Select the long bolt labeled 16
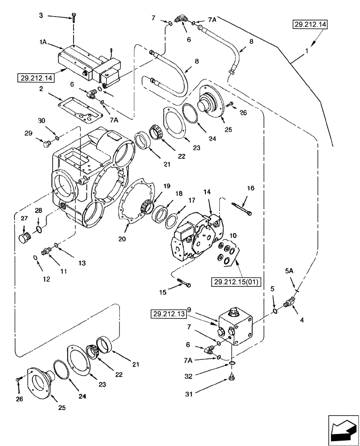(242, 207)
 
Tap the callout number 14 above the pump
(206, 192)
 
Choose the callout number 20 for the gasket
(122, 239)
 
